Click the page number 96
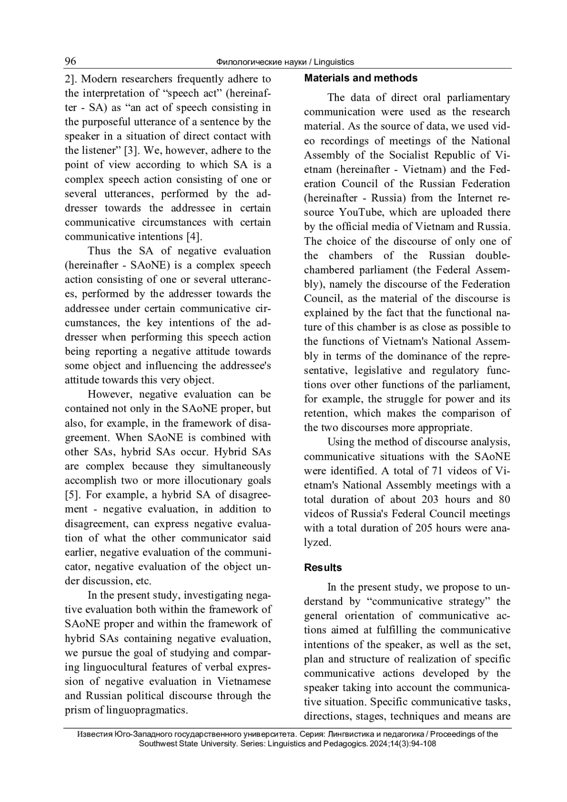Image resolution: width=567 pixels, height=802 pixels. tap(70, 61)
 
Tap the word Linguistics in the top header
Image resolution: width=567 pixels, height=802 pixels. tap(334, 62)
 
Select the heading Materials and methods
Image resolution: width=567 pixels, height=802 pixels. tap(361, 78)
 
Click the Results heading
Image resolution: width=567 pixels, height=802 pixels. tap(323, 568)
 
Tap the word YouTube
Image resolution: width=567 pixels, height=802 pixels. tap(363, 213)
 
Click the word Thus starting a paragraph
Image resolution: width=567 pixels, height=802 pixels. tap(99, 251)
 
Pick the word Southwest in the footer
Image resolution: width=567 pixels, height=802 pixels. tap(156, 743)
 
